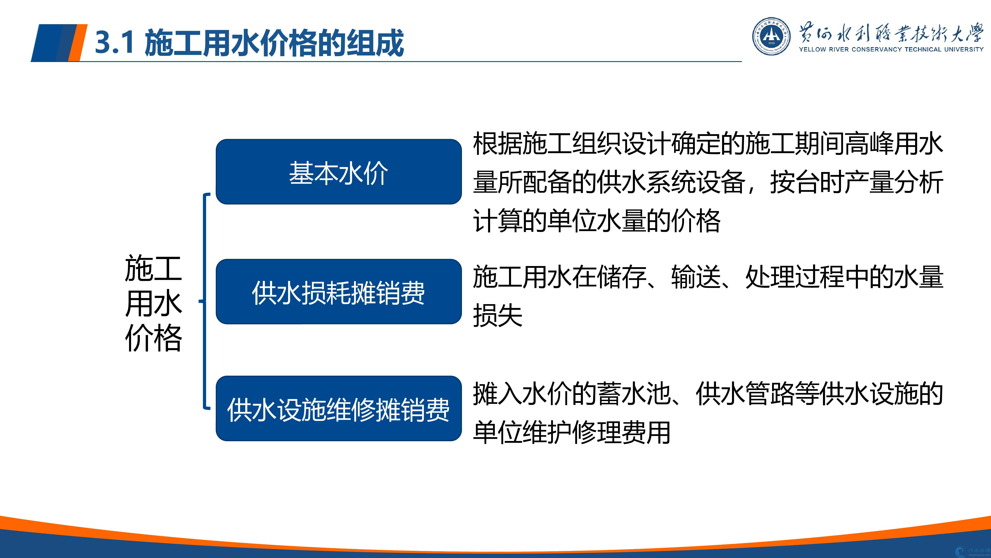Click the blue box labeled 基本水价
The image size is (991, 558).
coord(339,172)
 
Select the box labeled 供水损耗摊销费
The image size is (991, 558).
coord(339,292)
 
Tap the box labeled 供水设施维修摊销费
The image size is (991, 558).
coord(339,409)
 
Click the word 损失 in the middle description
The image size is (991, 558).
coord(498,315)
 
